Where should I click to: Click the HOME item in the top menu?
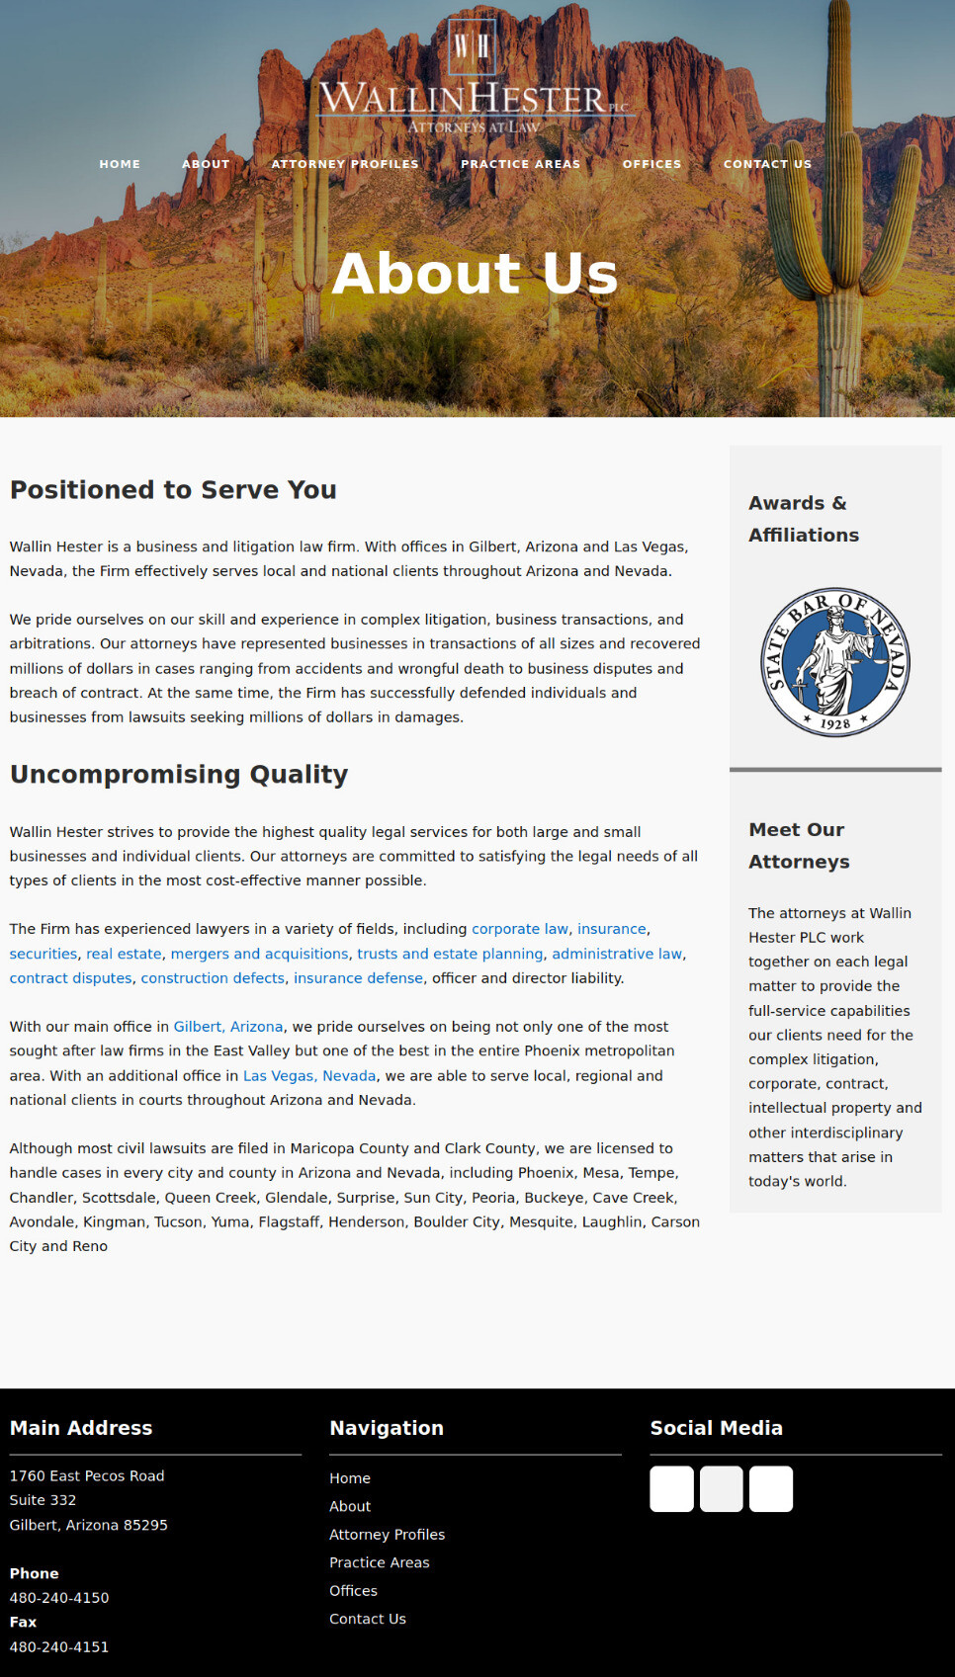[x=120, y=164]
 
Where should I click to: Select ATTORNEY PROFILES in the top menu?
[x=345, y=164]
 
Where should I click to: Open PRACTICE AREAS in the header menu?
[x=520, y=164]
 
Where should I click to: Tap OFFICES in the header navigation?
[x=651, y=164]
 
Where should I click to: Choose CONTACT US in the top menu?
[x=767, y=164]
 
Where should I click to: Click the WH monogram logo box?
[x=472, y=46]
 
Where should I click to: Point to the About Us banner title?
[x=475, y=273]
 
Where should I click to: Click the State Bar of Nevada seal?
[x=835, y=661]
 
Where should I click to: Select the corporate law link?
[x=520, y=929]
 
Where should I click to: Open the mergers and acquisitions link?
[x=259, y=954]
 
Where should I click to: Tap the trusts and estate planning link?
[x=450, y=954]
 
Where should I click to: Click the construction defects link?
[x=213, y=978]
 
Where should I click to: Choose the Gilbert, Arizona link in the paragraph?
[x=228, y=1027]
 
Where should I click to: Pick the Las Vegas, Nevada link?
[x=309, y=1075]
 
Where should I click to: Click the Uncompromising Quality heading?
[x=179, y=774]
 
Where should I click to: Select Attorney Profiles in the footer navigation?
[x=387, y=1535]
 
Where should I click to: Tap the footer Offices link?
[x=353, y=1591]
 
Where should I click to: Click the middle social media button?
[x=721, y=1488]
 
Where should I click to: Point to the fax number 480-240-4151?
[x=59, y=1646]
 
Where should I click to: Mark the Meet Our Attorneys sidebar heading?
[x=799, y=845]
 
